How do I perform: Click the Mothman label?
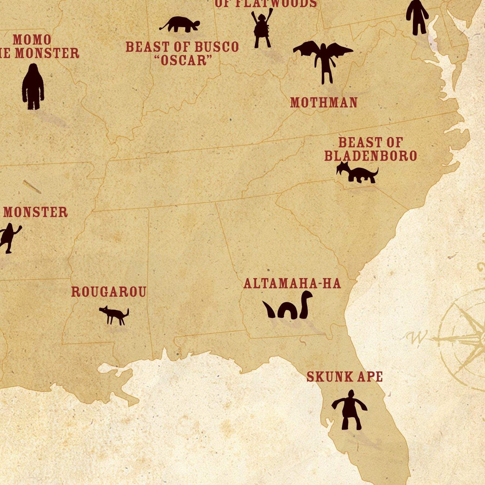324,103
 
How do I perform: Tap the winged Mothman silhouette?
323,59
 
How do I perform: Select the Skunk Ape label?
344,377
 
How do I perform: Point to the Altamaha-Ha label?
292,284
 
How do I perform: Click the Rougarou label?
108,292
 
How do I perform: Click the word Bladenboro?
370,156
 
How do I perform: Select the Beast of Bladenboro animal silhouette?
357,173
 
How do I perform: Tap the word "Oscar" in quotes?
183,60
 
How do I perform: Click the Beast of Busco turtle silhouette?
181,25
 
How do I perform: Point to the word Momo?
32,40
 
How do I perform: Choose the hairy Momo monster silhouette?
33,87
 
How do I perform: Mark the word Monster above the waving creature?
36,212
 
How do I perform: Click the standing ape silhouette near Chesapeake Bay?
417,17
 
